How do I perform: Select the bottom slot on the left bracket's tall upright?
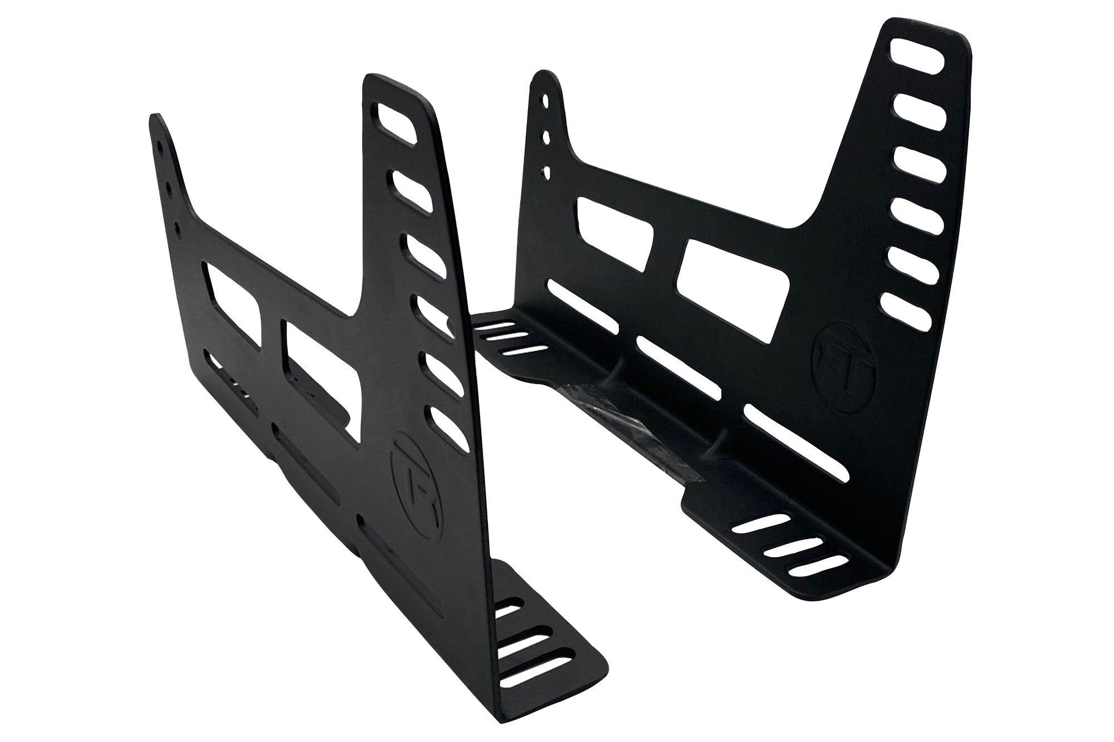[x=446, y=429]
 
